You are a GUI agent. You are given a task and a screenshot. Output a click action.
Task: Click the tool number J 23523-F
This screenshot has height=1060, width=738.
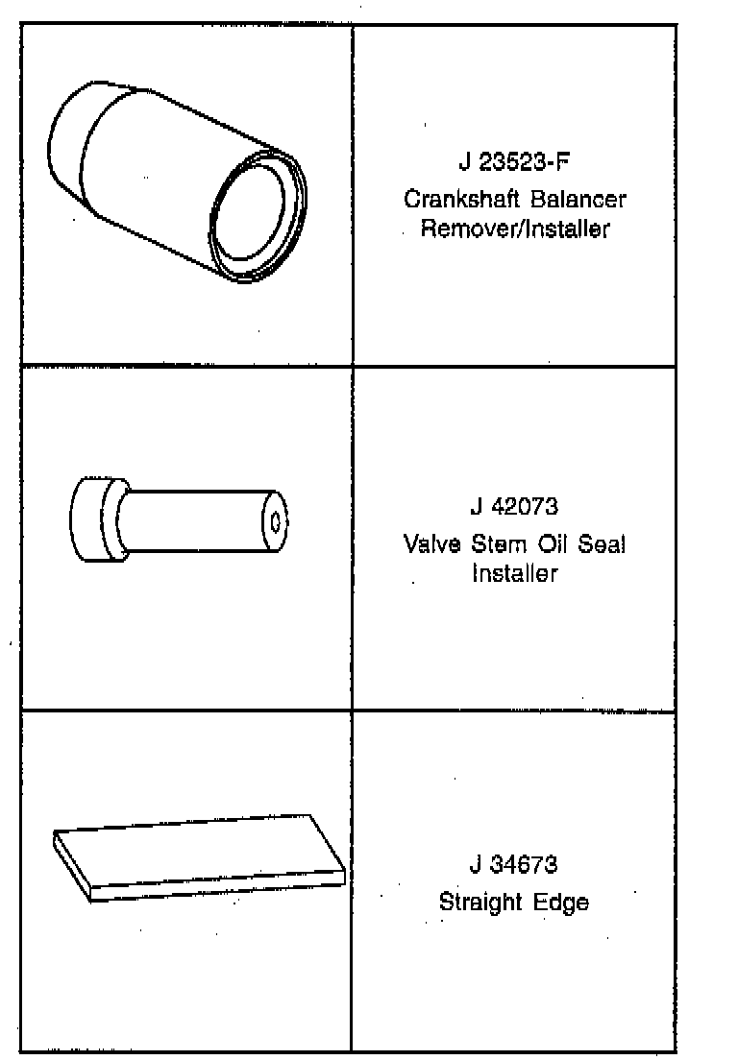click(514, 161)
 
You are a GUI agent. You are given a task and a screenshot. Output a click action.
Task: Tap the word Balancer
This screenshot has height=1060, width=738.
click(574, 200)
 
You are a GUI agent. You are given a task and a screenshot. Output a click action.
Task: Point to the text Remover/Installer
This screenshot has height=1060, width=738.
click(514, 230)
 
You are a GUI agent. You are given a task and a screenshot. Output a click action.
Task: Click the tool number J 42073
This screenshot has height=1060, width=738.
click(514, 506)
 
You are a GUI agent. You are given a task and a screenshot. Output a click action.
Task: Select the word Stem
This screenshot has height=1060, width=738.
click(492, 544)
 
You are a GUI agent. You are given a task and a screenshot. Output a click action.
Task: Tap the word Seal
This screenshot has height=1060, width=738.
click(602, 544)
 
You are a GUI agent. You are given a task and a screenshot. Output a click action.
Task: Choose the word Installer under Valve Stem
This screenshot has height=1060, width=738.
click(514, 574)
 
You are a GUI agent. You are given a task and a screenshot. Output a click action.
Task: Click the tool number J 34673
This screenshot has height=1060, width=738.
click(514, 864)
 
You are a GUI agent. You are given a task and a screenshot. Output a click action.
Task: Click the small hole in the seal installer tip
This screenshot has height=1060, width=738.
click(276, 522)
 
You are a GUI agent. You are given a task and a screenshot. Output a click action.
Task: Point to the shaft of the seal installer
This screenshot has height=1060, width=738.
click(192, 522)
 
